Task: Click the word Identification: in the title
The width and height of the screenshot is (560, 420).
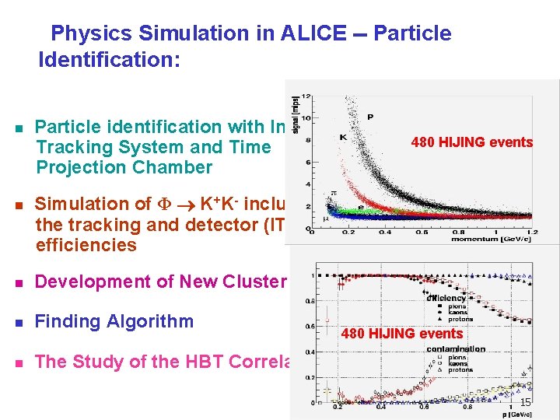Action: [109, 60]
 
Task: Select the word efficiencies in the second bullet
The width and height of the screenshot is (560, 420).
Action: [86, 246]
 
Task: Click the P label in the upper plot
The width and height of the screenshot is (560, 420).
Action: [370, 117]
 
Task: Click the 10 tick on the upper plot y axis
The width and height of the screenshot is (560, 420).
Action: [307, 118]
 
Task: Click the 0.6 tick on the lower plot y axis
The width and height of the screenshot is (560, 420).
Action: [310, 326]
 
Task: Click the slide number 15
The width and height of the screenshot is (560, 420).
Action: [525, 402]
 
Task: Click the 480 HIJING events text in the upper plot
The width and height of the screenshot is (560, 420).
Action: [471, 142]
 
